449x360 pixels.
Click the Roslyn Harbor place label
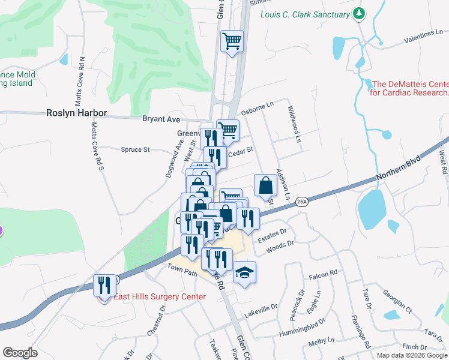point(77,113)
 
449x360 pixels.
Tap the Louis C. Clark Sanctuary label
point(306,14)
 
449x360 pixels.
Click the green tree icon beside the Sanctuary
point(359,13)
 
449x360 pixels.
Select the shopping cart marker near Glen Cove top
point(232,41)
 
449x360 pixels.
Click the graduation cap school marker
point(244,273)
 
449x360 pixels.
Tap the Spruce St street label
point(135,149)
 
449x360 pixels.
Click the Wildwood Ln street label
point(294,124)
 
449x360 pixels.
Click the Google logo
point(20,353)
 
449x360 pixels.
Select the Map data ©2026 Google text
point(412,355)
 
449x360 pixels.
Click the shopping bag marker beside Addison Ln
point(265,185)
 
